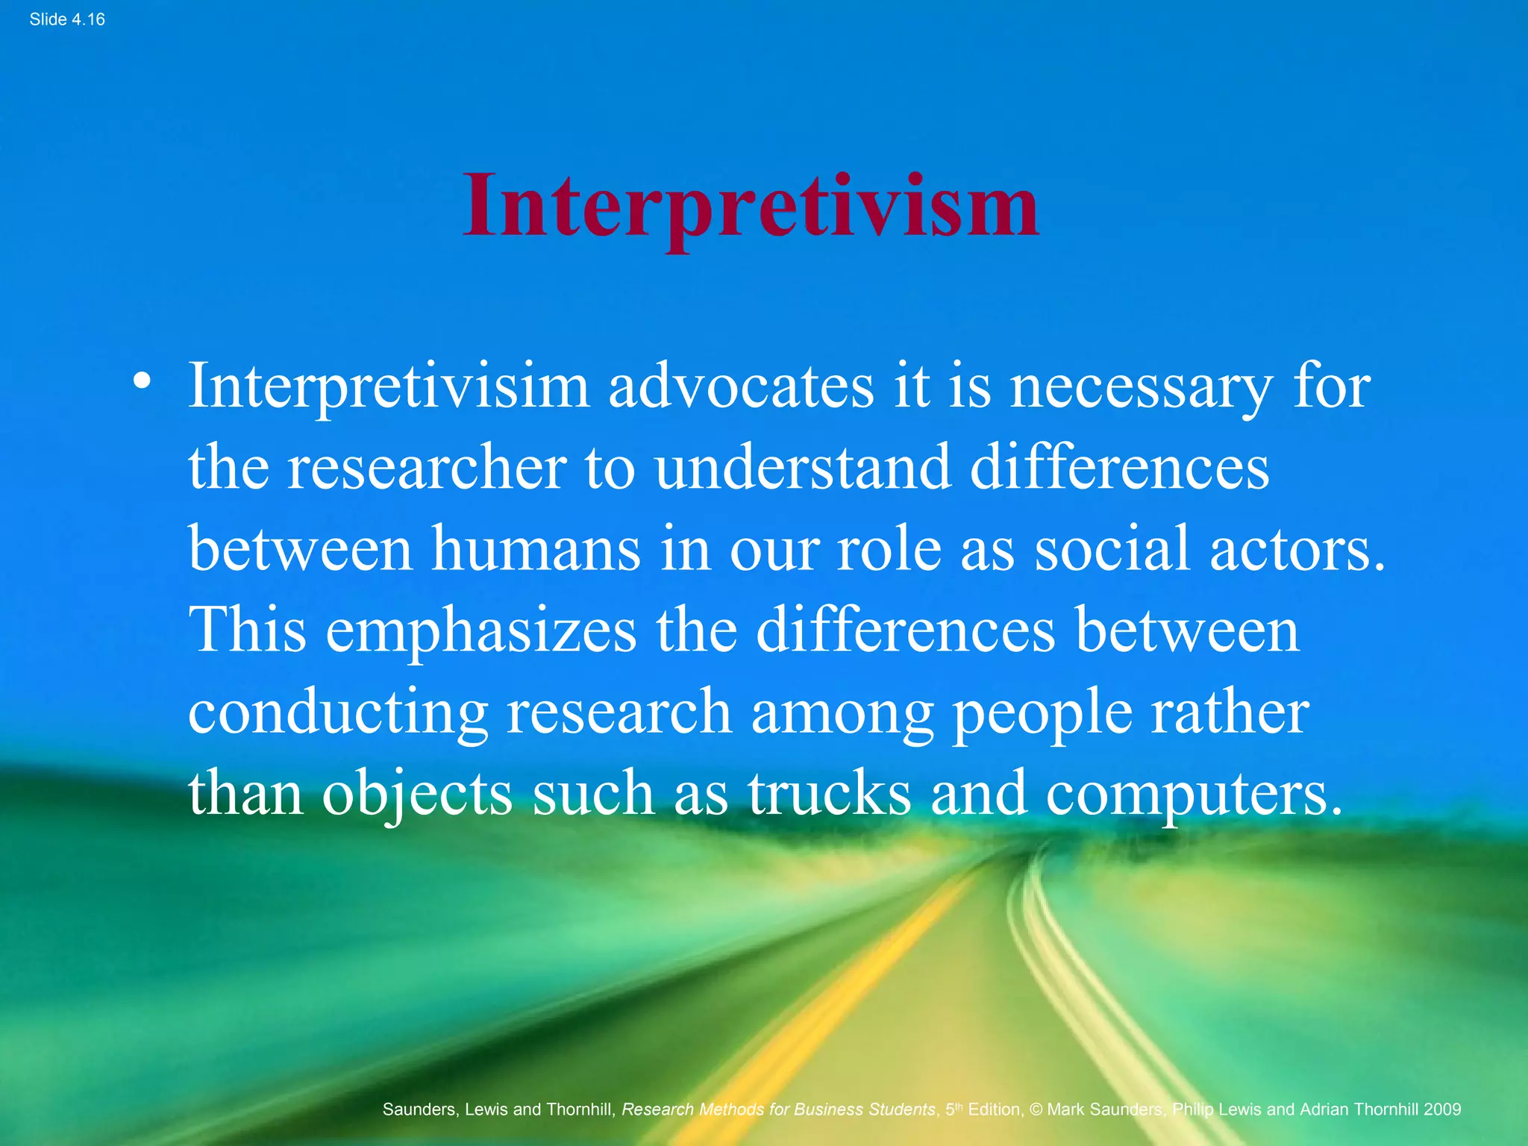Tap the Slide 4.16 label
[67, 20]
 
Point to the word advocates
[741, 386]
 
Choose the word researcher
[428, 468]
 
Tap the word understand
[803, 468]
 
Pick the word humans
[536, 549]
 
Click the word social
[1112, 549]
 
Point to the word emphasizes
[481, 632]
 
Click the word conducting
[337, 713]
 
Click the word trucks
[830, 793]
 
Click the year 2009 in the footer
[1441, 1109]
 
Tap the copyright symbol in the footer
[1036, 1109]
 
